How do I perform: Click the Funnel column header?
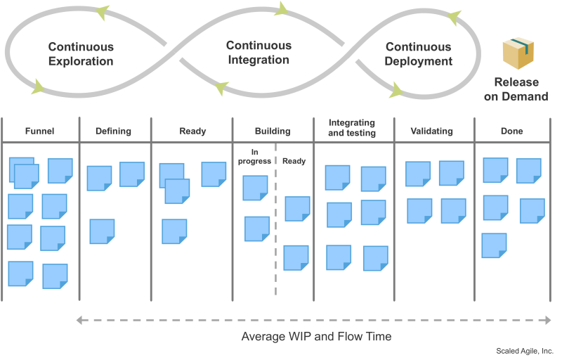pyautogui.click(x=39, y=131)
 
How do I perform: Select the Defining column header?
pyautogui.click(x=113, y=131)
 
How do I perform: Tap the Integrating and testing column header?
pyautogui.click(x=352, y=128)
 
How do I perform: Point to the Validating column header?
pyautogui.click(x=431, y=131)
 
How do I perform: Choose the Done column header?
pyautogui.click(x=512, y=131)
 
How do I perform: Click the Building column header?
pyautogui.click(x=273, y=131)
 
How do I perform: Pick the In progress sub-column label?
pyautogui.click(x=254, y=157)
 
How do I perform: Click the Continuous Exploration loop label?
pyautogui.click(x=81, y=53)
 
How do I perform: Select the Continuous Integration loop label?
pyautogui.click(x=259, y=52)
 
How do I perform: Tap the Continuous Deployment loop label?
pyautogui.click(x=418, y=53)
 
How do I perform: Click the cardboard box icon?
pyautogui.click(x=518, y=53)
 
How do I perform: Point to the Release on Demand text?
pyautogui.click(x=516, y=89)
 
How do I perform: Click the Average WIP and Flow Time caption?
pyautogui.click(x=317, y=336)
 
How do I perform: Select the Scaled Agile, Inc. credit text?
pyautogui.click(x=525, y=351)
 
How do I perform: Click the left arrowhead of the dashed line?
pyautogui.click(x=79, y=320)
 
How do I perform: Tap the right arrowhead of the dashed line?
pyautogui.click(x=549, y=320)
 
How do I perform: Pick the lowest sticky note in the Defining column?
pyautogui.click(x=102, y=231)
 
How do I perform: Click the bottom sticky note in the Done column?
pyautogui.click(x=495, y=245)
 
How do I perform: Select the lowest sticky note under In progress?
pyautogui.click(x=257, y=229)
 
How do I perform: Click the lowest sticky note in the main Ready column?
pyautogui.click(x=174, y=231)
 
